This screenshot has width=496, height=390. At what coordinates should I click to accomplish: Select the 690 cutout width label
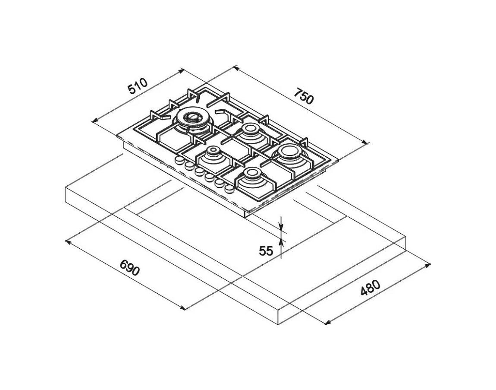click(129, 267)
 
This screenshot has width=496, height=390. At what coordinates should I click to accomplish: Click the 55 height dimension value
click(266, 251)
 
